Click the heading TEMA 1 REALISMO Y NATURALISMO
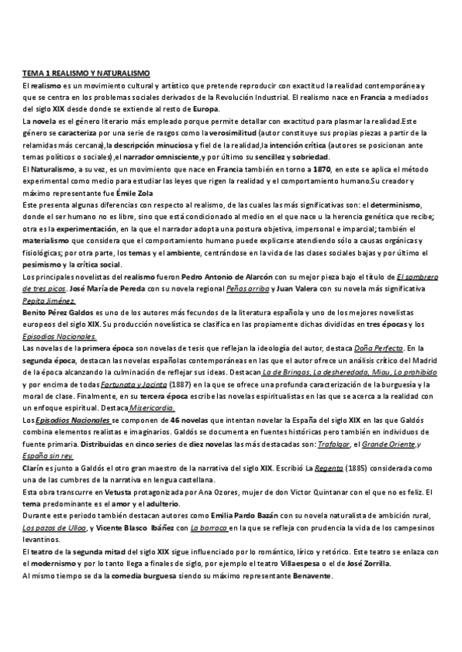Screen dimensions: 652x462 (x=85, y=73)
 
